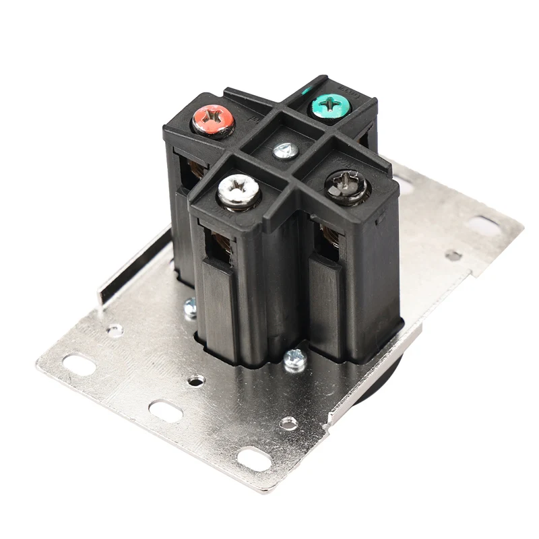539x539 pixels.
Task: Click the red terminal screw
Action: pos(212,121)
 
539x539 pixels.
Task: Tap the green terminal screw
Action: pos(329,105)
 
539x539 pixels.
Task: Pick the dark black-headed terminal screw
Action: pos(346,187)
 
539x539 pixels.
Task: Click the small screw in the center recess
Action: pos(284,150)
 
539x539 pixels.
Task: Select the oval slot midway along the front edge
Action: pos(163,409)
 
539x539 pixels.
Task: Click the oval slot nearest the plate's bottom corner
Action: pos(251,460)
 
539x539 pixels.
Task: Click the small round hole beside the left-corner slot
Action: pos(115,330)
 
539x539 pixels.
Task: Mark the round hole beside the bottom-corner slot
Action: pos(288,422)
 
